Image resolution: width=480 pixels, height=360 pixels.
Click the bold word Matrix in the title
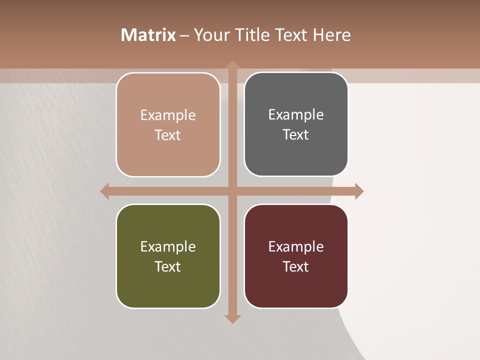click(x=148, y=35)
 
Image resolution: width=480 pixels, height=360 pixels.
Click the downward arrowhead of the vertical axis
click(x=232, y=318)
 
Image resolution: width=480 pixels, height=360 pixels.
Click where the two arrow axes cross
click(x=232, y=191)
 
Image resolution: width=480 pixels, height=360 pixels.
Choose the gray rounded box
click(x=296, y=155)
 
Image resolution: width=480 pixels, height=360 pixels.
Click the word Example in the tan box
click(x=168, y=115)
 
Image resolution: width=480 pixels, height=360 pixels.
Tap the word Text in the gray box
click(x=296, y=134)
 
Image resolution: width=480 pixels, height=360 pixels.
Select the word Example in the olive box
click(x=168, y=246)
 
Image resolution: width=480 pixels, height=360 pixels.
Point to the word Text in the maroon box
click(x=296, y=266)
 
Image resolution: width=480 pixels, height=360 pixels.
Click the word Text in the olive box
click(x=168, y=266)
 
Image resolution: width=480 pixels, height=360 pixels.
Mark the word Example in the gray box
click(x=296, y=114)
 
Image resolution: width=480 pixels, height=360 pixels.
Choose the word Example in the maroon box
click(x=296, y=246)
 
